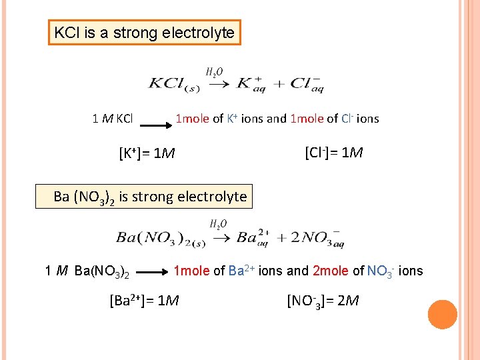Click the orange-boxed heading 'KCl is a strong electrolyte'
(144, 32)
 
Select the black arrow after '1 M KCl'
(153, 124)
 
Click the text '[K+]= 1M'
(147, 154)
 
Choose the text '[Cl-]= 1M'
(333, 153)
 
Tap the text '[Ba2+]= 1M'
(143, 301)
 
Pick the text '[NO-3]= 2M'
(323, 301)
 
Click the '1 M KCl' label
(113, 119)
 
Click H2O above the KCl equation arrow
(214, 71)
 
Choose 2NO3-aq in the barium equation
(313, 238)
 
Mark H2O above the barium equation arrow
(219, 224)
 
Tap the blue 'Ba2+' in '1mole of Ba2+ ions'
(242, 270)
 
